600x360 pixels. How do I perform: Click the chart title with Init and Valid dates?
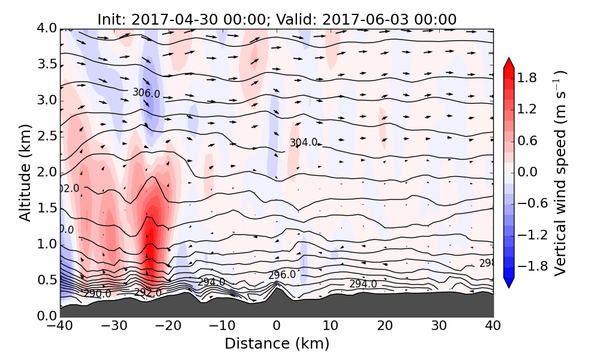277,19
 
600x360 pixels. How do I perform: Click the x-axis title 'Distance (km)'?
277,344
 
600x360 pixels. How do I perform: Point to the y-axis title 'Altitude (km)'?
25,173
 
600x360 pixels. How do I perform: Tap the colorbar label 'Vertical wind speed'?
560,173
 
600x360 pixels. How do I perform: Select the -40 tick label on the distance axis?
60,327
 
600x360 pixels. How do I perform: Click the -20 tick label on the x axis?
168,327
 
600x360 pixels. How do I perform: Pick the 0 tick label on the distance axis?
277,327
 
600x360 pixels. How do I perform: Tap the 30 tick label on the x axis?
439,327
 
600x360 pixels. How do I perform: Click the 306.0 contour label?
146,93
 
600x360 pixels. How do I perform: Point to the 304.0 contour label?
304,143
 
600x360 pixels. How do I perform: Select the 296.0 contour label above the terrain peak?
282,275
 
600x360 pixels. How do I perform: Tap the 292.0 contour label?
148,292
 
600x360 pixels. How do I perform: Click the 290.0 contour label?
97,293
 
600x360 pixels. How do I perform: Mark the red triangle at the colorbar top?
508,63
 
